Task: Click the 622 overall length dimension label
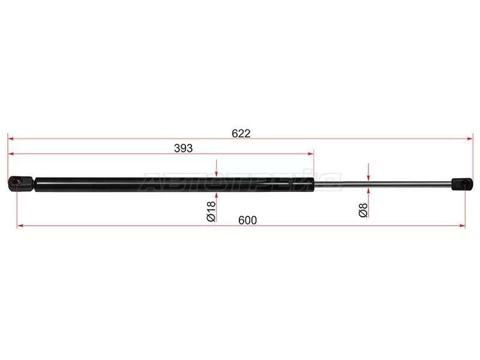coord(241,133)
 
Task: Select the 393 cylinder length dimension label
coord(184,148)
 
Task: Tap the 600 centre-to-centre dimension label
coord(247,220)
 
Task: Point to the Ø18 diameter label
coord(211,211)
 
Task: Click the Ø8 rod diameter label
coord(363,209)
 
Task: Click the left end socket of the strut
coord(21,184)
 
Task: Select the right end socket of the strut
coord(462,184)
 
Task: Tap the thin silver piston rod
coord(383,184)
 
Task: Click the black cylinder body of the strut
coord(175,185)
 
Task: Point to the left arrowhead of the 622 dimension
coord(11,139)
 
